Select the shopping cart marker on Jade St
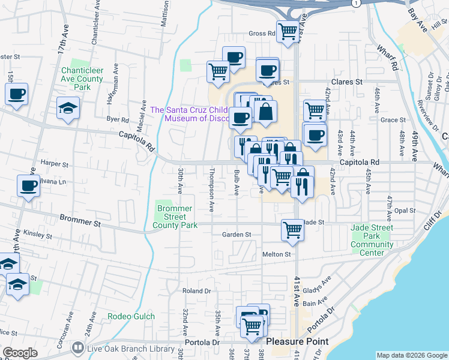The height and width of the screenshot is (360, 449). pos(292,229)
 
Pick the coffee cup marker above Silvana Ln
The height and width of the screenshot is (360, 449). pos(28,187)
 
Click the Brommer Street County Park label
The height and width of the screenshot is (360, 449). pos(175,217)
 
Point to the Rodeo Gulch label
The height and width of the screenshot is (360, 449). pos(131,316)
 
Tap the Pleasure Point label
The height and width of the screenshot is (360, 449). pos(297,341)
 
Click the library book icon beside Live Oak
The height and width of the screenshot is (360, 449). pos(77,348)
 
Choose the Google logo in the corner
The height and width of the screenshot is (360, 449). pos(20,353)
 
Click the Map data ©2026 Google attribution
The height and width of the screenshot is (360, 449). pos(411,355)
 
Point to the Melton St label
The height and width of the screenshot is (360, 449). pos(277,254)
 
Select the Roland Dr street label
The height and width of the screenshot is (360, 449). pos(197,291)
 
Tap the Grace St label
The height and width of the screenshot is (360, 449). pos(394,120)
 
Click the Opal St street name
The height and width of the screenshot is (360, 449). pos(405,211)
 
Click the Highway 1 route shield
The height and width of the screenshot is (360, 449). pos(356,3)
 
